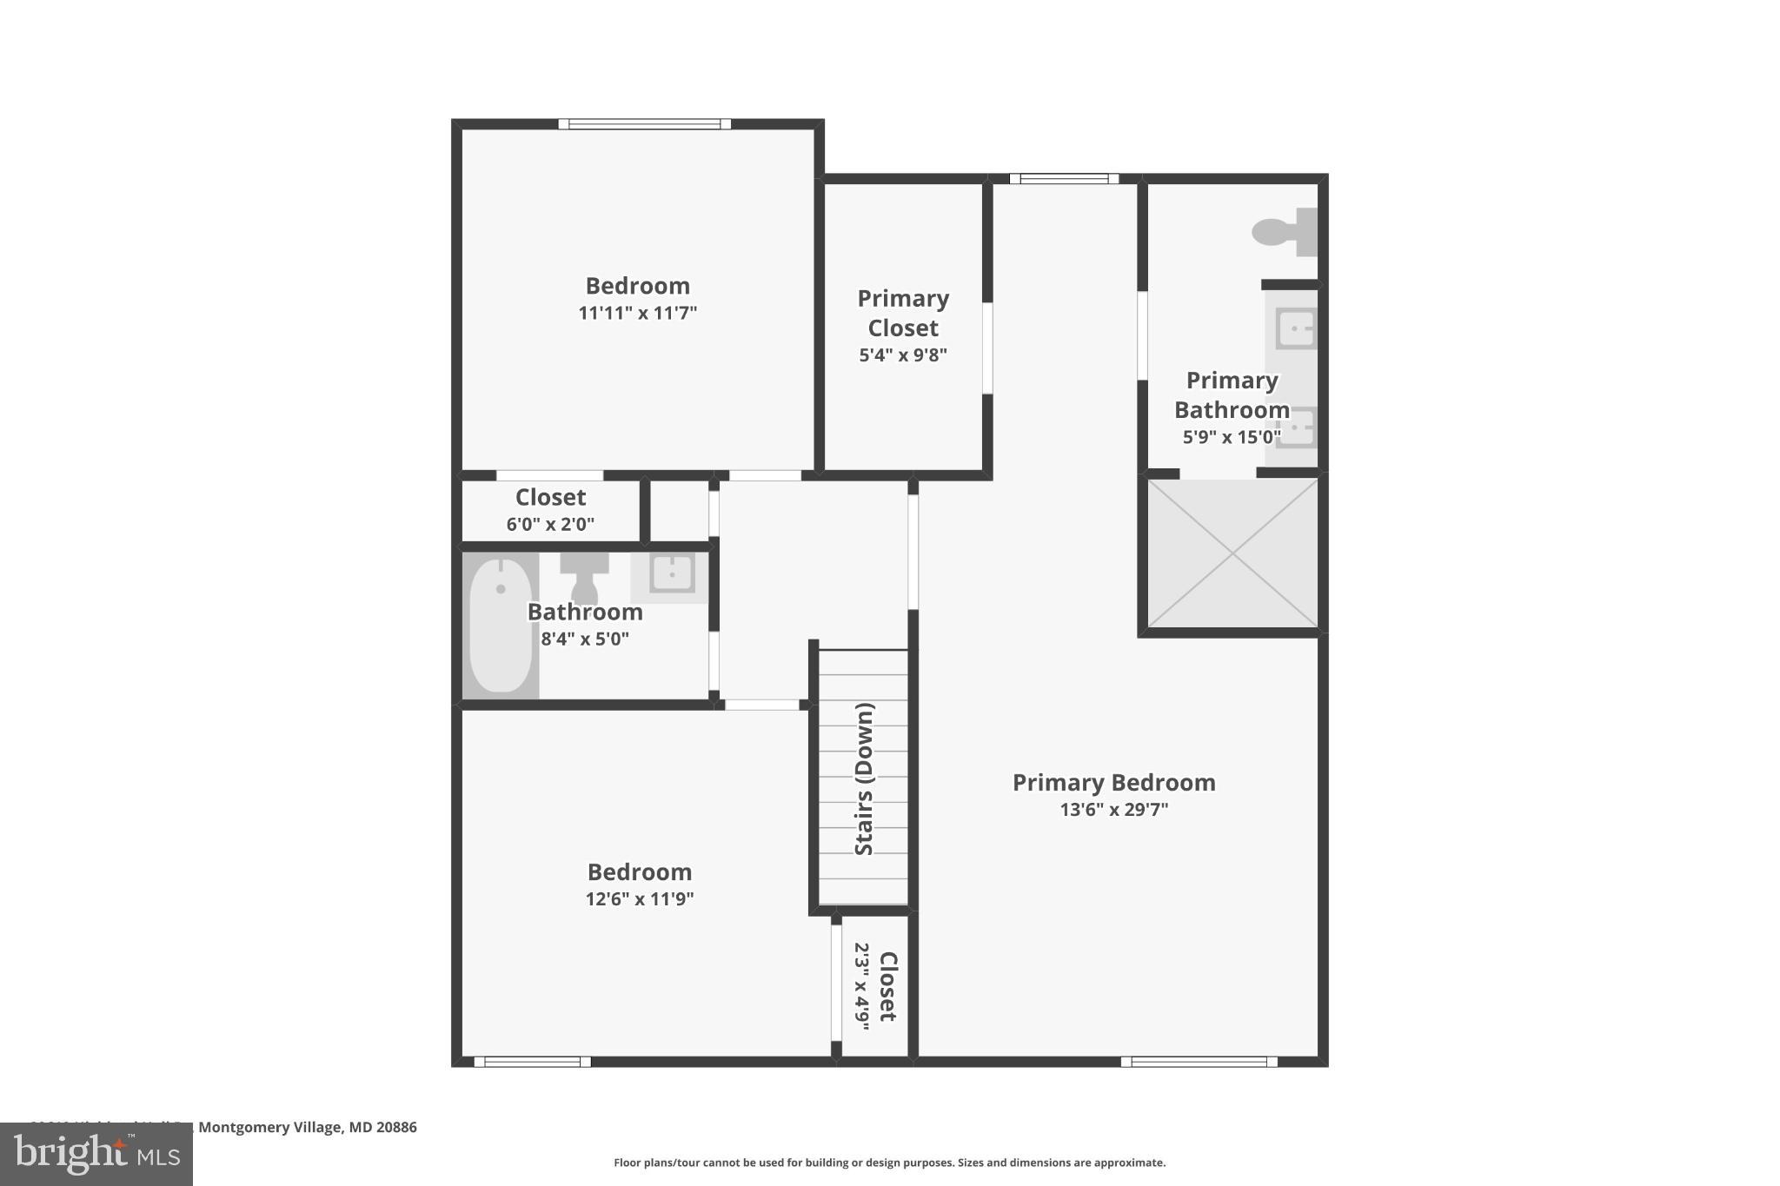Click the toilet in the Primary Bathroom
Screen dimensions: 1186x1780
click(1283, 232)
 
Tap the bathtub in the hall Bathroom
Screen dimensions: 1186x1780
click(500, 625)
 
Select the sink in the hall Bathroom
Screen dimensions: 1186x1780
click(671, 573)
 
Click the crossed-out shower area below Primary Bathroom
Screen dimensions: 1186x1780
click(1232, 553)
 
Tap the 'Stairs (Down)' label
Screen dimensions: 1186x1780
click(864, 779)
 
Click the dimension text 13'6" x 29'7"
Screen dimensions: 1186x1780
click(1113, 810)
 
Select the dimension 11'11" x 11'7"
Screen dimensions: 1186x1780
click(637, 313)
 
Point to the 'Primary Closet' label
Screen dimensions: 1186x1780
click(902, 313)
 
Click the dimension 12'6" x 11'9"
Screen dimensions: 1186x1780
click(639, 899)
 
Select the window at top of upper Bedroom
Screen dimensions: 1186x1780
click(644, 124)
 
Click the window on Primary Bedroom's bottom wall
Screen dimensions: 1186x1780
click(1199, 1062)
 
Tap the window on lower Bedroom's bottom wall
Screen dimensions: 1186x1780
click(532, 1062)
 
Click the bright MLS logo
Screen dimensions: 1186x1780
click(96, 1155)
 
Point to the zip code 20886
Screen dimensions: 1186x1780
click(396, 1127)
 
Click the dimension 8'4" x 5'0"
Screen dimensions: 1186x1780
click(585, 639)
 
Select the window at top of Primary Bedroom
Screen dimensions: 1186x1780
click(1064, 179)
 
